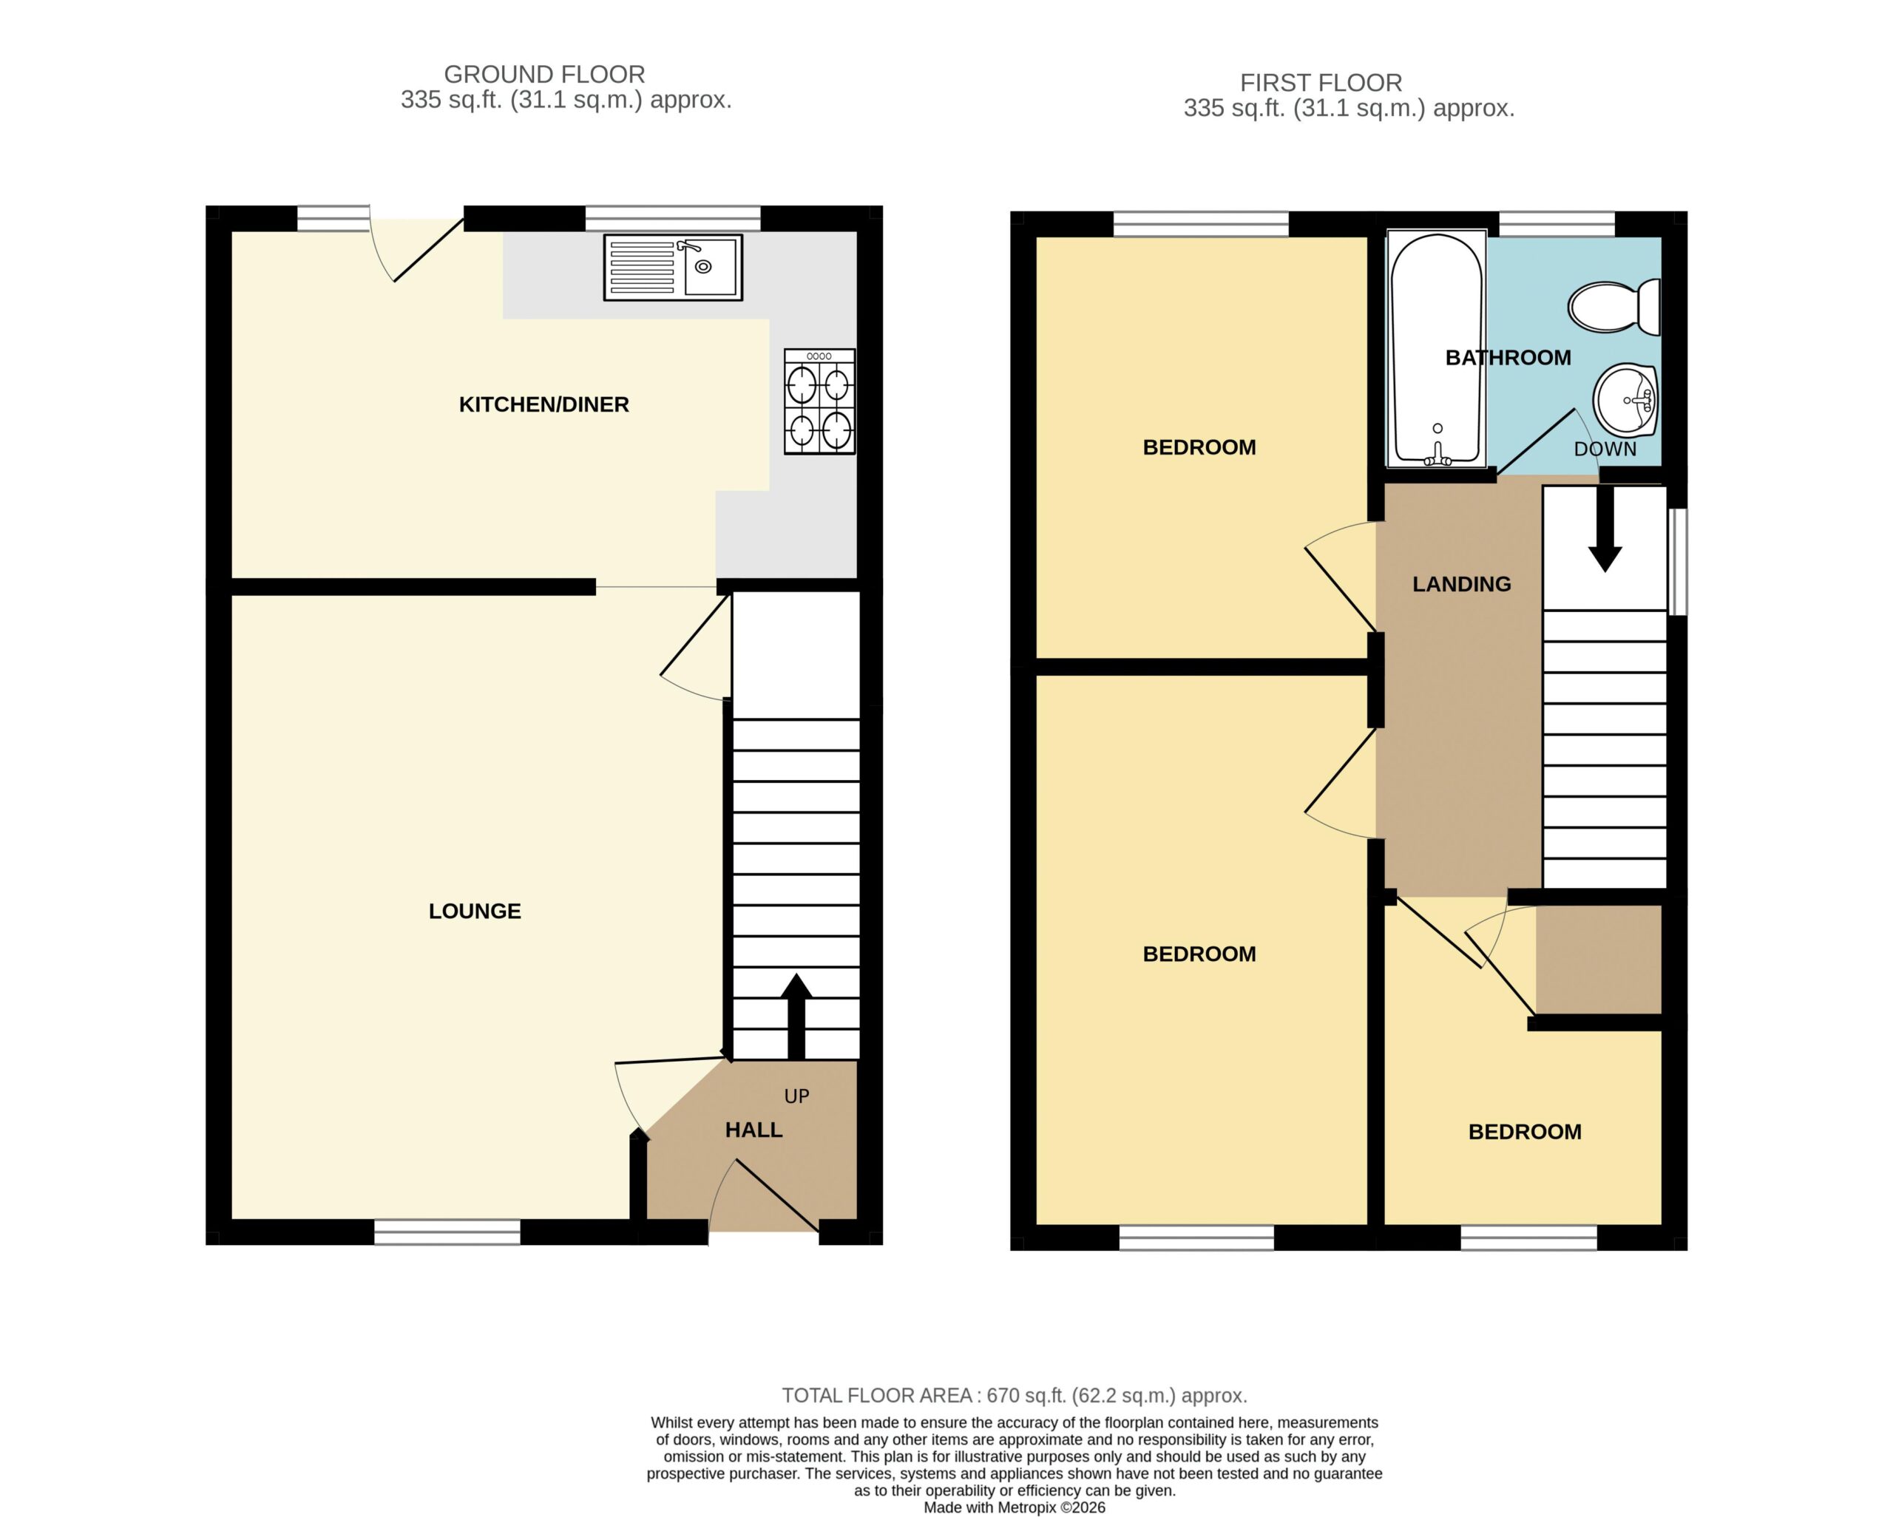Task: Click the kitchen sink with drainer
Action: [x=673, y=267]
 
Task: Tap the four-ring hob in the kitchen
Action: [x=819, y=401]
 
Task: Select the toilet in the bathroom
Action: [x=1613, y=306]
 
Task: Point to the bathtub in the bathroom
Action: [x=1437, y=348]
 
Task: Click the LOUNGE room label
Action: [x=475, y=912]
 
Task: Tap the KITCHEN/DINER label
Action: [x=544, y=404]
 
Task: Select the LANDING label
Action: [x=1462, y=584]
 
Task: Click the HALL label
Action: [x=754, y=1130]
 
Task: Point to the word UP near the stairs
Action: [x=796, y=1096]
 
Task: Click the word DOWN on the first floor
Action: [x=1605, y=449]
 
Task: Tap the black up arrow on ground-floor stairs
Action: [x=796, y=1016]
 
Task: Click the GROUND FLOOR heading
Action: [x=544, y=75]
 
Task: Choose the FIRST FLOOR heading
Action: [x=1321, y=84]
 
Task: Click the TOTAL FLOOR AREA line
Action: [x=1014, y=1396]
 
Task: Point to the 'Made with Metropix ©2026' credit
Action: [x=1014, y=1507]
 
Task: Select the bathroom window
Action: [x=1556, y=224]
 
